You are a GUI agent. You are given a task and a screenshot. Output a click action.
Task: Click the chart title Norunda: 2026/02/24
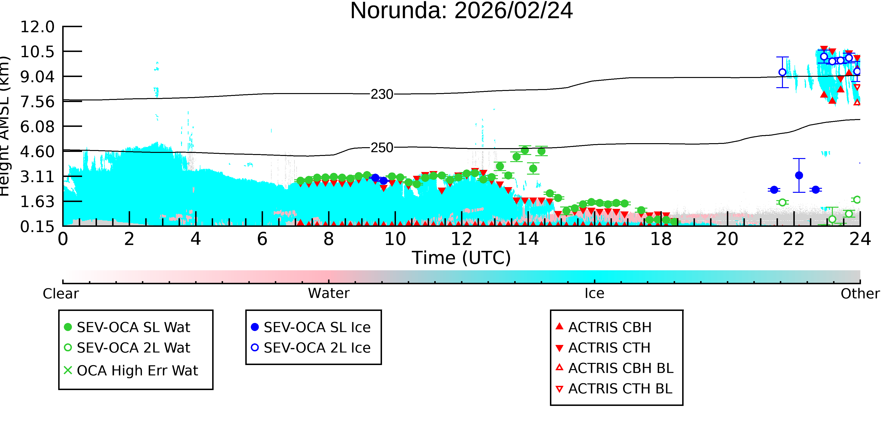(x=461, y=11)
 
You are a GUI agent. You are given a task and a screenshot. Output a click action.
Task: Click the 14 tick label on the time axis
(x=528, y=239)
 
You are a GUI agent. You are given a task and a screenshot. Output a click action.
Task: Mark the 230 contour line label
(x=382, y=94)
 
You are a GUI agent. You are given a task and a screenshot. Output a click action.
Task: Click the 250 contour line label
(x=382, y=148)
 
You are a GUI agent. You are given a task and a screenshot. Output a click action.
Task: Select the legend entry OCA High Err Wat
(x=131, y=370)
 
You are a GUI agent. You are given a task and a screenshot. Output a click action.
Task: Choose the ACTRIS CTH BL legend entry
(x=614, y=389)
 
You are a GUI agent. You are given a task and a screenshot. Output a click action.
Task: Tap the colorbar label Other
(x=860, y=294)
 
